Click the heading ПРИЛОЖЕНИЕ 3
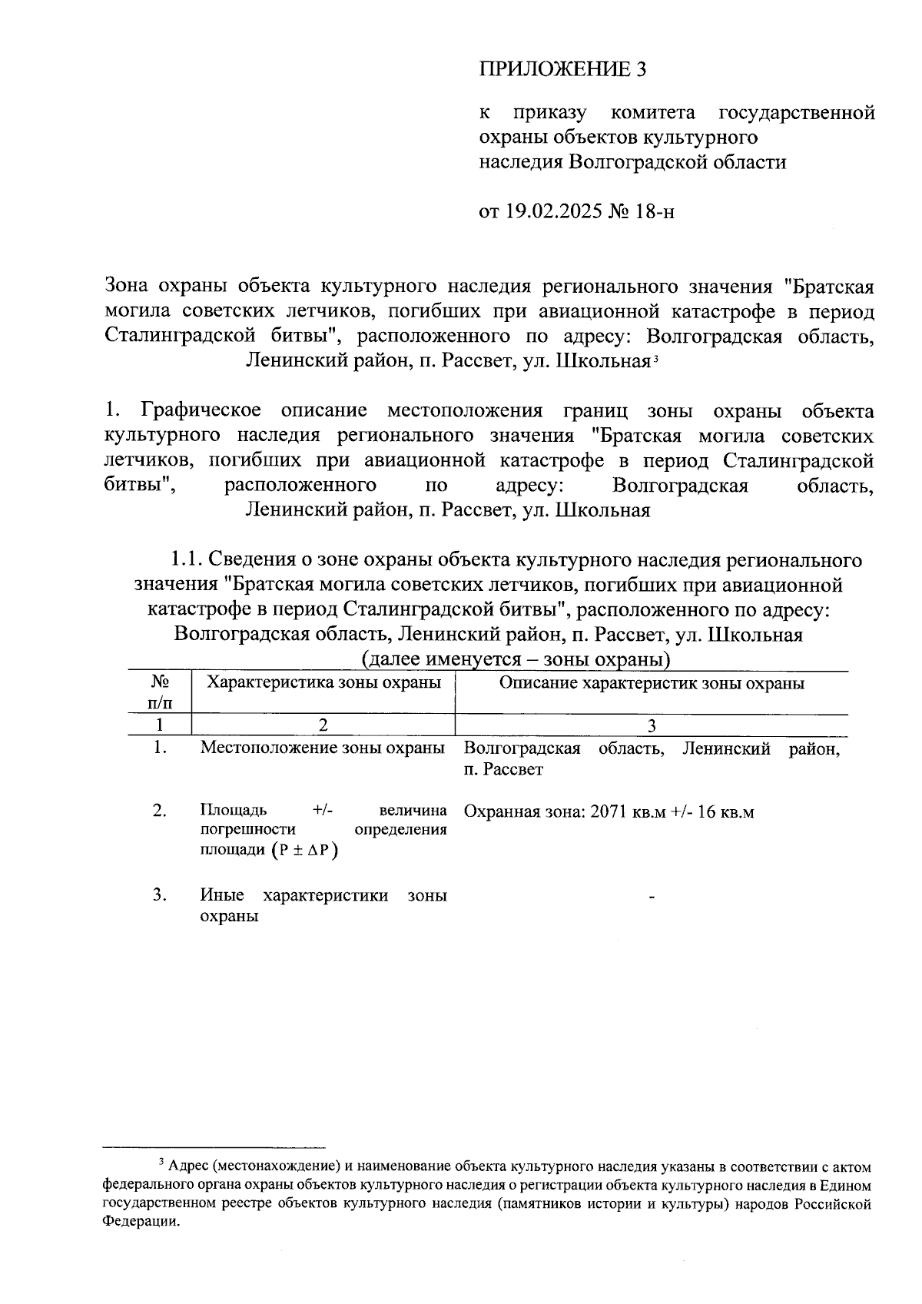pyautogui.click(x=563, y=69)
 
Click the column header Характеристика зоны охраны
pyautogui.click(x=324, y=682)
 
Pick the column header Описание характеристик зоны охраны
pyautogui.click(x=652, y=682)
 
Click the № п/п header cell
pyautogui.click(x=159, y=692)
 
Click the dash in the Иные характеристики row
pyautogui.click(x=652, y=897)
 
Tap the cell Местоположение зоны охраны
pyautogui.click(x=323, y=748)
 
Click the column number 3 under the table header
pyautogui.click(x=652, y=725)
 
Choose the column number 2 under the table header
pyautogui.click(x=323, y=725)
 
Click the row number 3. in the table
pyautogui.click(x=159, y=895)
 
